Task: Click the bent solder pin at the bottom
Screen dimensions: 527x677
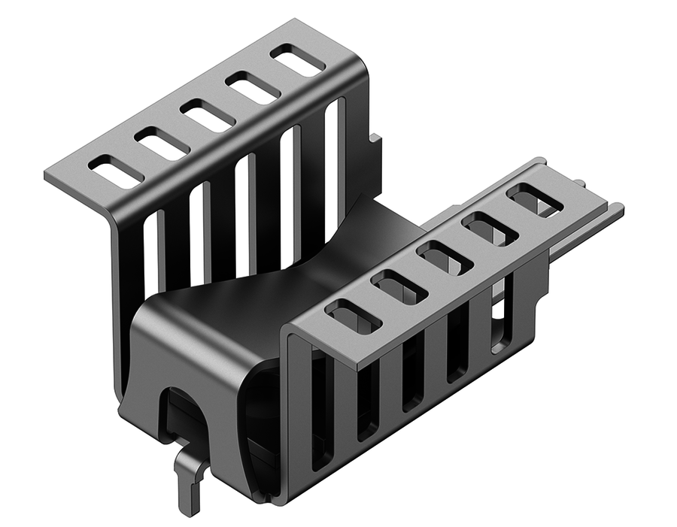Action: click(190, 481)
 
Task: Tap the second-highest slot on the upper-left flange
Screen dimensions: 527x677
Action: click(253, 88)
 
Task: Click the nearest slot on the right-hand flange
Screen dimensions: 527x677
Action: click(353, 317)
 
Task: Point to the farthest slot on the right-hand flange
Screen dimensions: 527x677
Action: click(535, 201)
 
